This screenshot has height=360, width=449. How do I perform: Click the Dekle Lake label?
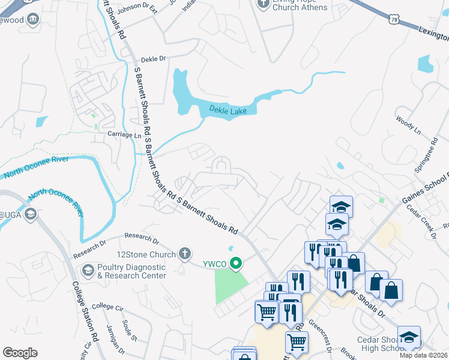[x=228, y=110]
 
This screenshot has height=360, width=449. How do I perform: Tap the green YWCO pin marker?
[x=236, y=262]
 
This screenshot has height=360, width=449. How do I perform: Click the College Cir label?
[x=107, y=307]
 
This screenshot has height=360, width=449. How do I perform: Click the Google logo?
[x=20, y=353]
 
